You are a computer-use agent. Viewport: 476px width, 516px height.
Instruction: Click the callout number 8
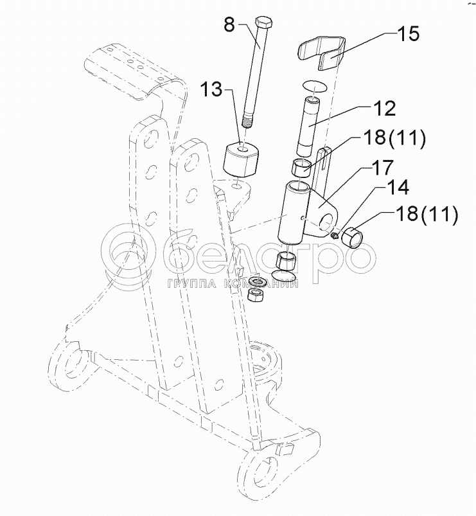tap(230, 24)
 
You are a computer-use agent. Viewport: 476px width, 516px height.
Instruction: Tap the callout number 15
tap(408, 34)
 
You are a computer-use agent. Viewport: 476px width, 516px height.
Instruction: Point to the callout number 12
tap(384, 108)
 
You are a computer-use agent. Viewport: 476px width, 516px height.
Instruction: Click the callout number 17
tap(382, 168)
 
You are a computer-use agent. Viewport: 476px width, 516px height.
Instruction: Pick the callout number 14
tap(398, 187)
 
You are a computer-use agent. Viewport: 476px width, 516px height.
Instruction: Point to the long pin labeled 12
tap(309, 127)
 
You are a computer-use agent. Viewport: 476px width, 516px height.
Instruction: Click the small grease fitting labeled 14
tap(335, 235)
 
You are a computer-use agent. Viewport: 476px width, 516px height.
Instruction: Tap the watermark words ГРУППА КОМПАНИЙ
tap(233, 283)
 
